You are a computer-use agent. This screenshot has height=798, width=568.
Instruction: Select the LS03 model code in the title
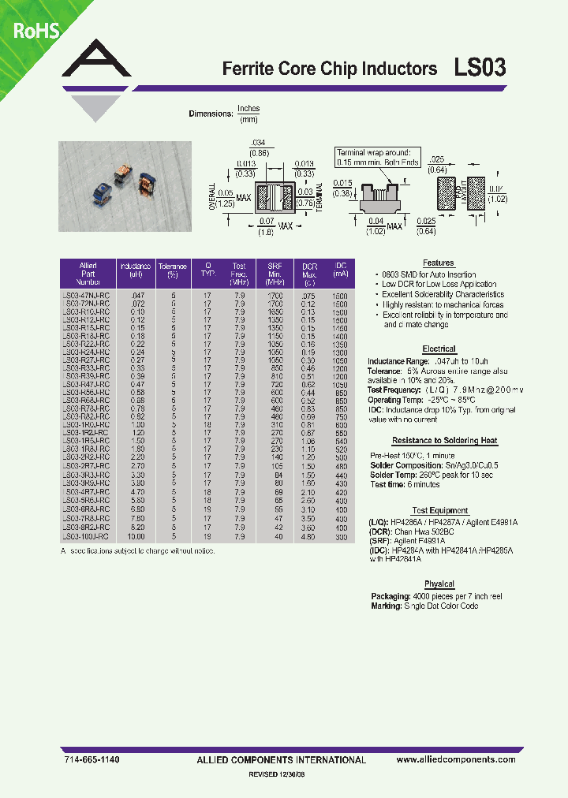point(480,69)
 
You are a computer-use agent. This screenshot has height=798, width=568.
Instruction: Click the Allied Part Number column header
point(88,273)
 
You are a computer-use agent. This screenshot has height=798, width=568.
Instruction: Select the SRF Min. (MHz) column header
point(275,273)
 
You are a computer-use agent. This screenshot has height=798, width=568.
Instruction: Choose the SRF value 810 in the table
point(275,376)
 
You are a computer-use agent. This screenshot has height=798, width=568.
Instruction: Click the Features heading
point(439,263)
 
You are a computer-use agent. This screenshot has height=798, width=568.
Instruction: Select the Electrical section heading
point(439,349)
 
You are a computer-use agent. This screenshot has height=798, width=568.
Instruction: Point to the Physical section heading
point(439,584)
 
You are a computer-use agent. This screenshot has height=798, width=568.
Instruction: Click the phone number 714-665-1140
point(91,759)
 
